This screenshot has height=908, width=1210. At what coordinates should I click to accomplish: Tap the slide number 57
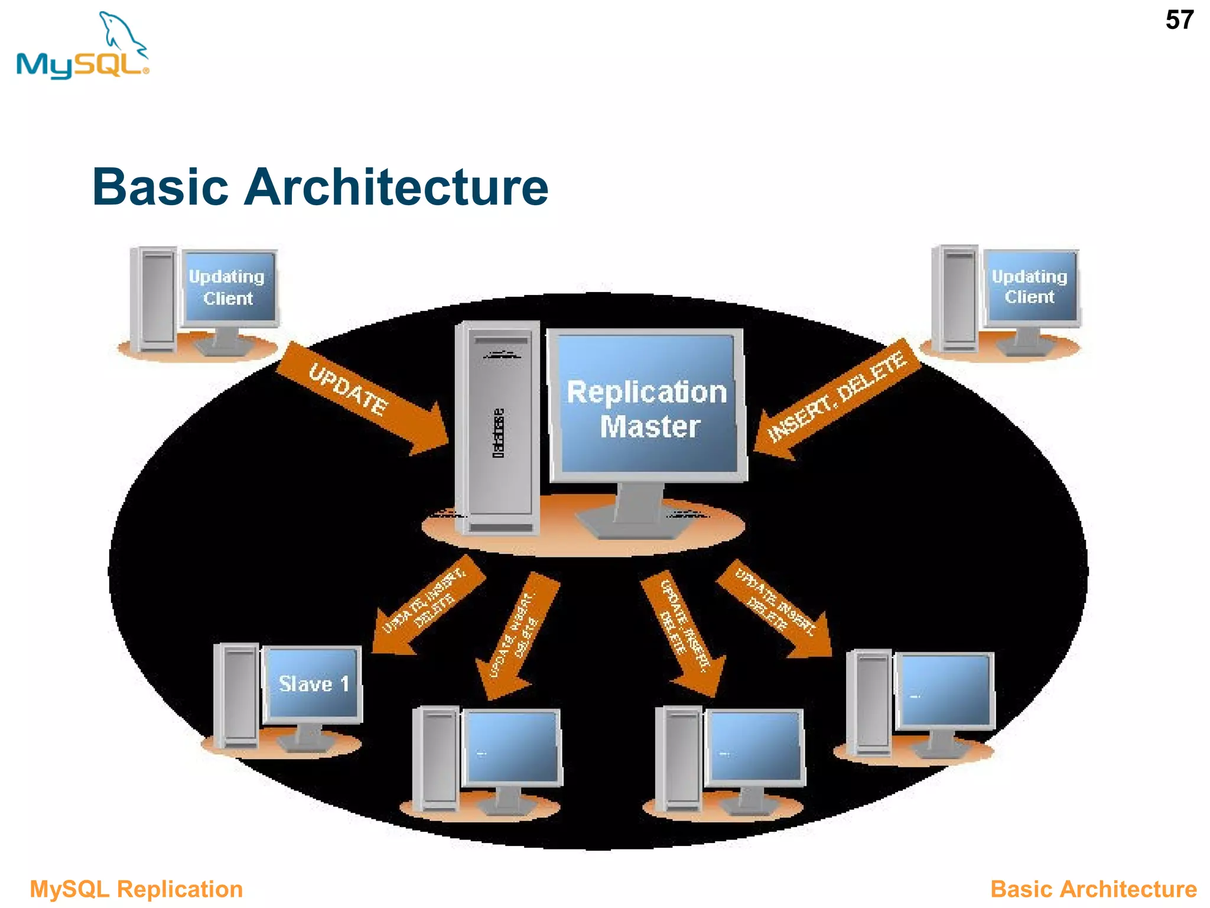[1179, 21]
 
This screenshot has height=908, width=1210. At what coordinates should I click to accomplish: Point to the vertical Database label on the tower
[499, 433]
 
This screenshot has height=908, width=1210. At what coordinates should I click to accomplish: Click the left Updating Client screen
[228, 287]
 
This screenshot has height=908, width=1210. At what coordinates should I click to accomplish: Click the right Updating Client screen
[1030, 286]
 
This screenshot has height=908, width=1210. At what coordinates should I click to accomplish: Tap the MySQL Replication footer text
[136, 889]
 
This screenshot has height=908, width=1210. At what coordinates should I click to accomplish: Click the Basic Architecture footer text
[1093, 889]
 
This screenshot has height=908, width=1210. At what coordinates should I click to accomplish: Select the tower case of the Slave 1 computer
[238, 695]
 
